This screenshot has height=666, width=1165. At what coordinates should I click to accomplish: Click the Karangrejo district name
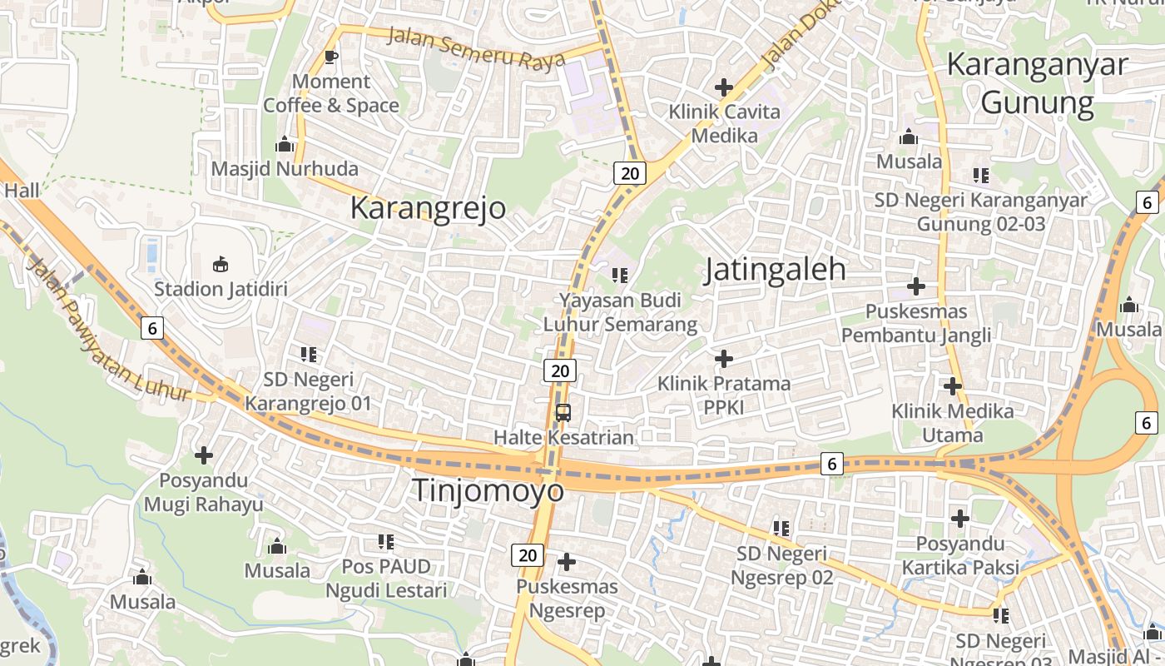pos(428,207)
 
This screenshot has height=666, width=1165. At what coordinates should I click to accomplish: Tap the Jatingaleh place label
pos(775,270)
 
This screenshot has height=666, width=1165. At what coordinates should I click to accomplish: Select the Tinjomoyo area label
pos(488,490)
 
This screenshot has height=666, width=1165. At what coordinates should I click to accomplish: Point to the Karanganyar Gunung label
pos(1037,83)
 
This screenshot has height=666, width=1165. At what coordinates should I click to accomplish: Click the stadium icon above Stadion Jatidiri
pos(221,265)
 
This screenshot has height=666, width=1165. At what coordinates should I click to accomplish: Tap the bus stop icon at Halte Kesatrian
pos(563,412)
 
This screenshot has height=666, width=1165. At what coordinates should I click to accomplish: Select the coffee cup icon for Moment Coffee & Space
pos(331,57)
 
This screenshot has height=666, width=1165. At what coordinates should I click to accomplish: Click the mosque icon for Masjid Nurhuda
pos(285,145)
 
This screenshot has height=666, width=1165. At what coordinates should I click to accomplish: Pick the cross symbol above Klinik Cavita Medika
pos(724,87)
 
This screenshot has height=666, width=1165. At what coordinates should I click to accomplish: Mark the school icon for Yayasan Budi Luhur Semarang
pos(620,275)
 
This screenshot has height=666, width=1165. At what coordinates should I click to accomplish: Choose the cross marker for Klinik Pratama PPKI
pos(724,359)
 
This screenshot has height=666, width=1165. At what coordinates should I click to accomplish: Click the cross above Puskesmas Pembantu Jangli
pos(916,286)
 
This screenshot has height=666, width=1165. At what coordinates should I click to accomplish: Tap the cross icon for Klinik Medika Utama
pos(953,386)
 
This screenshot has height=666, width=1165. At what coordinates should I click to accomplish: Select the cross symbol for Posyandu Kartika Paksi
pos(960,519)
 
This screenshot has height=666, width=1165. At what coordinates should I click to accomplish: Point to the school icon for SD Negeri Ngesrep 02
pos(781,528)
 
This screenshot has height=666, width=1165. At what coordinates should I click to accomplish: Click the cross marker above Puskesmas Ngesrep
pos(567,562)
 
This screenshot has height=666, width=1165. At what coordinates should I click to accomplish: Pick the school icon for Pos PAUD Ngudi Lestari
pos(386,542)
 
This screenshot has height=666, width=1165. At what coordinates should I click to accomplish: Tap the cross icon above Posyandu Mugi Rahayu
pos(204,455)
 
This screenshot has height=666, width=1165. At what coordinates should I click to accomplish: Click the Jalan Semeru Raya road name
pos(476,47)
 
